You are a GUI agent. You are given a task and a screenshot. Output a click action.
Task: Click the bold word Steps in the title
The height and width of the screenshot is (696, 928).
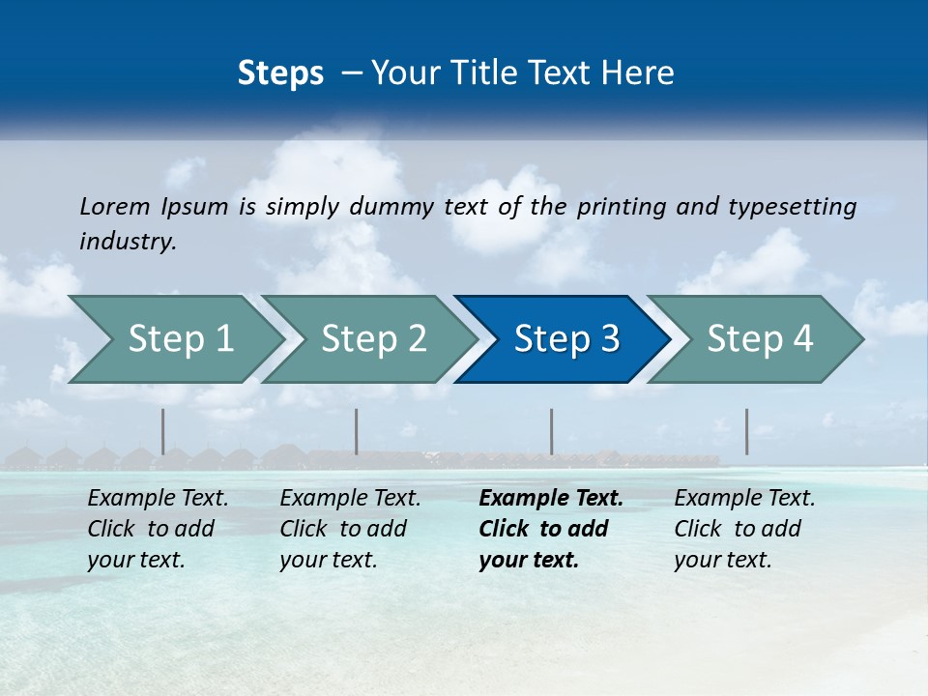[x=280, y=73]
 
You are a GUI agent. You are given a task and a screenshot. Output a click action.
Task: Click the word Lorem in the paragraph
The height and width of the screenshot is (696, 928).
[x=114, y=206]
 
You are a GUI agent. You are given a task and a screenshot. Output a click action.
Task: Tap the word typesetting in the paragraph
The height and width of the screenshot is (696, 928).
[x=792, y=206]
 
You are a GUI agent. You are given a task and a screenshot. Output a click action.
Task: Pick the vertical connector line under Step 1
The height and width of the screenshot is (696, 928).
[x=162, y=431]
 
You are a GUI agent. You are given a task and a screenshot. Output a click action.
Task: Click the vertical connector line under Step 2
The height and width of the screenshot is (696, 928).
[x=357, y=431]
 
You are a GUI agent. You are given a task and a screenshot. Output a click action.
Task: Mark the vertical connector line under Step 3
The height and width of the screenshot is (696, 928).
[x=551, y=431]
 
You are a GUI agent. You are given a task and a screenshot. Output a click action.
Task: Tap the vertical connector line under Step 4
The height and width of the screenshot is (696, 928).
[x=746, y=431]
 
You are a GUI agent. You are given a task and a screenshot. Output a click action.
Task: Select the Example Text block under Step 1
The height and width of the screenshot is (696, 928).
[x=158, y=529]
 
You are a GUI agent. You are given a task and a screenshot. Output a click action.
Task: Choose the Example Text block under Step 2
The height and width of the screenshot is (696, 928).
[x=350, y=529]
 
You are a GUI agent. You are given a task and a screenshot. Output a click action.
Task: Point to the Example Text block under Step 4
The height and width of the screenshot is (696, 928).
[x=744, y=529]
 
